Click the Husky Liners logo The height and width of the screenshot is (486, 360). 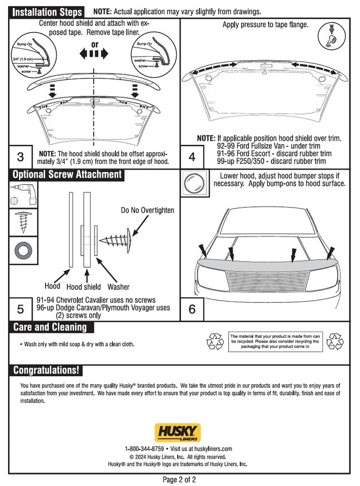[178, 433]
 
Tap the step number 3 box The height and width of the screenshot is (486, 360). [20, 156]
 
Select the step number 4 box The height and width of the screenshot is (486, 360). [192, 156]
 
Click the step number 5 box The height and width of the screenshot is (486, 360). [20, 309]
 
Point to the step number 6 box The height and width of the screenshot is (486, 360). [192, 309]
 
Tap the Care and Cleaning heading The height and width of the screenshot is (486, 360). [50, 327]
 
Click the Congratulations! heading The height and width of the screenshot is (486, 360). [46, 370]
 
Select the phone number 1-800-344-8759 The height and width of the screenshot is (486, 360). [144, 449]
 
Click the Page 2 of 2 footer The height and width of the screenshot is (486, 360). [179, 479]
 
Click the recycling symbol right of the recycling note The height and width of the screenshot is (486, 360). [335, 342]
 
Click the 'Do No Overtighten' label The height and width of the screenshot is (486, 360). [147, 210]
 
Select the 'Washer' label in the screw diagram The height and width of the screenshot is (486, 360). [118, 287]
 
